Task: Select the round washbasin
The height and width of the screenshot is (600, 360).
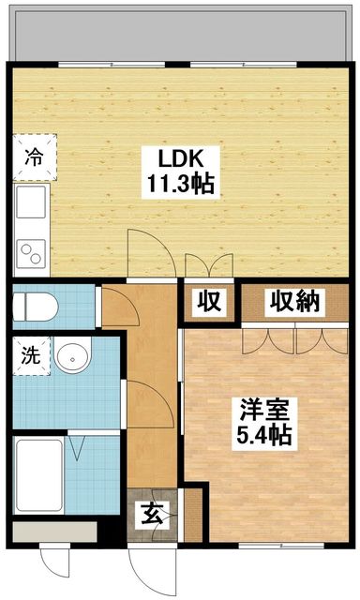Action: [70, 357]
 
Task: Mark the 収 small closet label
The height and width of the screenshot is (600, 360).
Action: [209, 302]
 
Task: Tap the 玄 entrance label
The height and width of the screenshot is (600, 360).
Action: [152, 514]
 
